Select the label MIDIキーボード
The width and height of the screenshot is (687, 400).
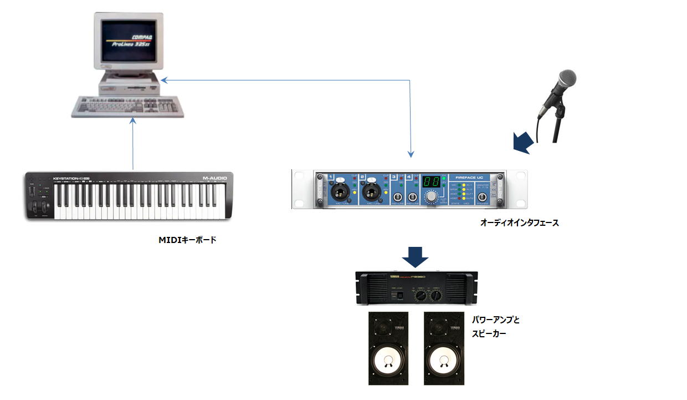[187, 240]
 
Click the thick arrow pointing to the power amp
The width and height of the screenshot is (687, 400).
[414, 256]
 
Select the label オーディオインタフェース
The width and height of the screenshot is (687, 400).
[519, 223]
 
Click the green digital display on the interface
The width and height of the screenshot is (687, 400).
[432, 182]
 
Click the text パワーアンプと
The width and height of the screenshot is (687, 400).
[495, 321]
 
